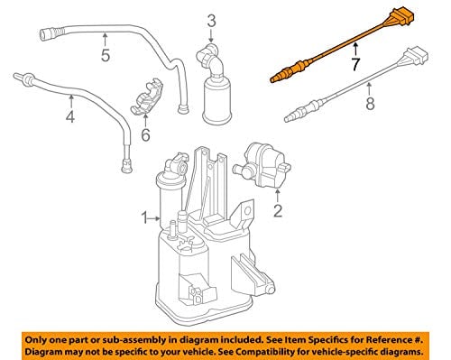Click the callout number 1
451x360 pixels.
[145, 218]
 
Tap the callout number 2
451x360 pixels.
[278, 210]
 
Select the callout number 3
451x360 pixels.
[211, 22]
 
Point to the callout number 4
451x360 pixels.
[70, 116]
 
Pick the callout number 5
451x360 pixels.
[106, 55]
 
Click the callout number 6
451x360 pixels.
[145, 134]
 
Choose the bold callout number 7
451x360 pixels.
[355, 64]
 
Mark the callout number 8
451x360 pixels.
[370, 104]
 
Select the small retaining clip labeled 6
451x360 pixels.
[147, 97]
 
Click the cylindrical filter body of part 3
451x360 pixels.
[216, 101]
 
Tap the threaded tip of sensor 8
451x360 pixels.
[290, 118]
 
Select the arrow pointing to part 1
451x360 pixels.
[155, 218]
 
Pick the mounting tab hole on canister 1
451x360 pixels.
[247, 211]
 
